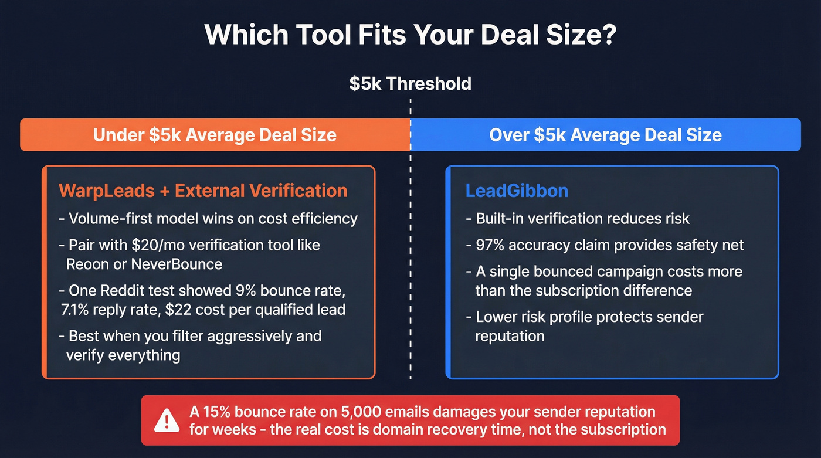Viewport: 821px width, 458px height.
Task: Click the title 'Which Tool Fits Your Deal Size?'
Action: click(x=410, y=35)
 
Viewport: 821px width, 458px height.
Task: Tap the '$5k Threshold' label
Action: click(x=410, y=83)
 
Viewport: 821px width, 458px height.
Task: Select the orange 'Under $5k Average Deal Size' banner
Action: click(x=215, y=135)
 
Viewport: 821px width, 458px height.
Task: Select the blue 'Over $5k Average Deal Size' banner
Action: click(x=605, y=135)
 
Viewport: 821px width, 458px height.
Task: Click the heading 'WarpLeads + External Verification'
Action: click(x=203, y=191)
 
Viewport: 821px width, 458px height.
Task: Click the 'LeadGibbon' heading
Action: click(x=517, y=191)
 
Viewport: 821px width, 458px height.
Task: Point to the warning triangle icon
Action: click(x=167, y=420)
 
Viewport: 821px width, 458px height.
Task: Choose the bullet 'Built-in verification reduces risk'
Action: click(x=578, y=219)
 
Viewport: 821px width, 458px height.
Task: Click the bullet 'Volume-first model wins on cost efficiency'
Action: click(x=208, y=219)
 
